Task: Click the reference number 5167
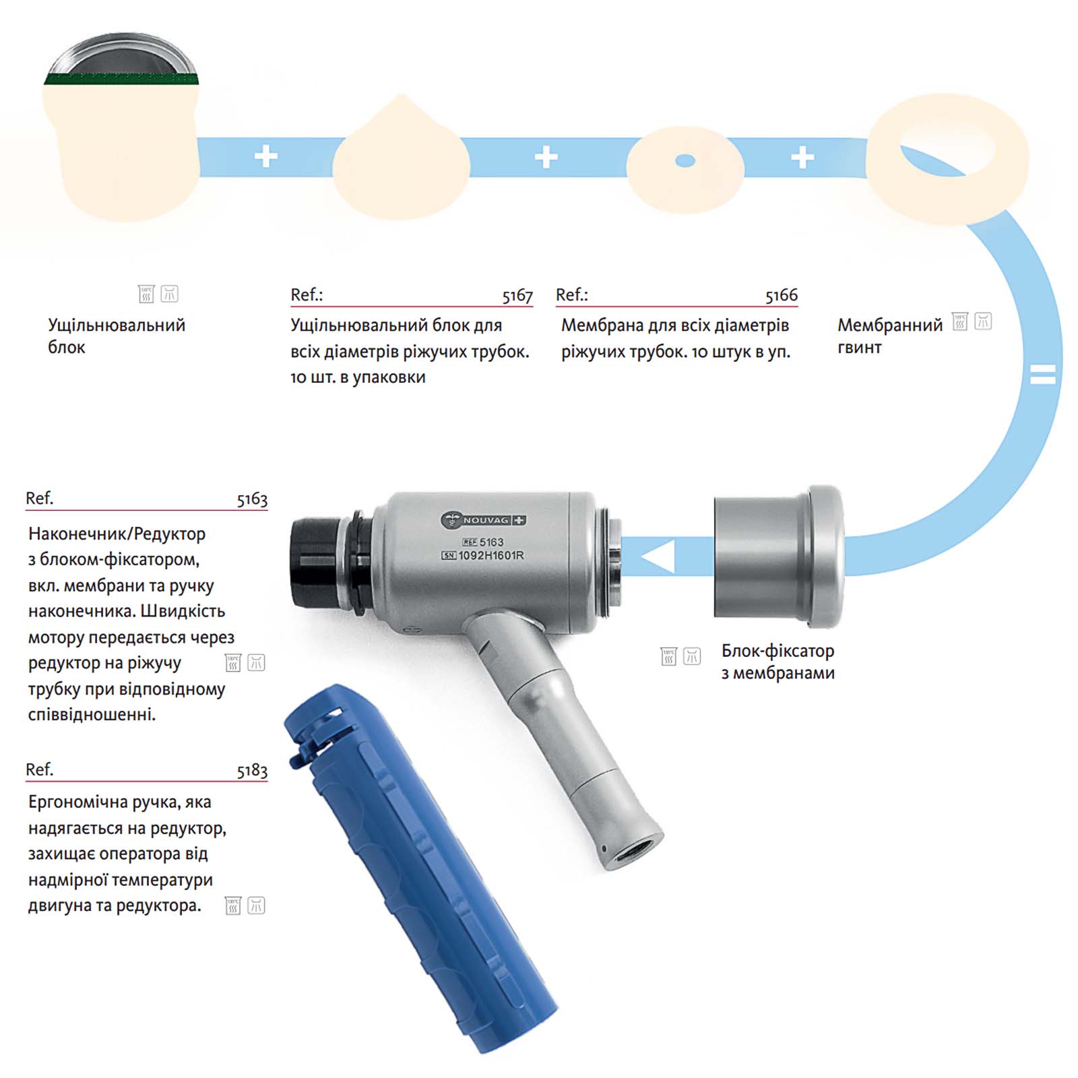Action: pos(517,295)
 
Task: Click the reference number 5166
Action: pos(782,295)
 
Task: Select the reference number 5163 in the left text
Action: pos(252,499)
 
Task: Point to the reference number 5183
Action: pos(252,770)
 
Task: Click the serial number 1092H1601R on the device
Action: pos(490,556)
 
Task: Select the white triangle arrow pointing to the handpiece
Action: pos(659,557)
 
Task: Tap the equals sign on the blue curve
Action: pos(1043,374)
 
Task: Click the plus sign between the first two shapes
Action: pos(266,156)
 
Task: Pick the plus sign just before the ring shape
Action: pos(802,157)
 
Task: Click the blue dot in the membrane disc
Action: pos(685,160)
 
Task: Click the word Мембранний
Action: pos(890,325)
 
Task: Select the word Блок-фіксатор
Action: pos(778,651)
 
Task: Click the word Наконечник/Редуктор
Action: pos(117,534)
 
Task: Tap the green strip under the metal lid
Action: pos(121,79)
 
